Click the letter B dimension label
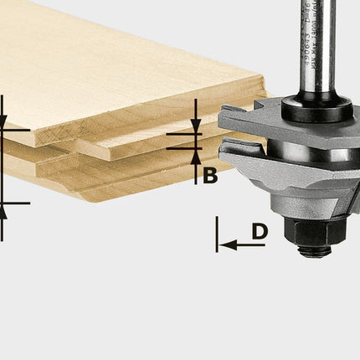210,176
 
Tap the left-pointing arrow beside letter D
234,244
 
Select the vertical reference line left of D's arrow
217,234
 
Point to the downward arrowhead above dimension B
195,125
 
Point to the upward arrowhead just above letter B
195,156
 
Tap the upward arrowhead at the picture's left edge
3,210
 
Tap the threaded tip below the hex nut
315,249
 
